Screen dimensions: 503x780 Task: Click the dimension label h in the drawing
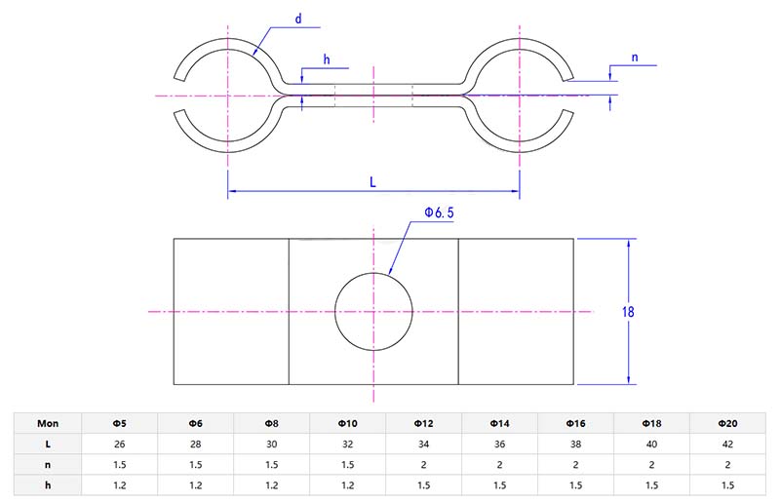click(327, 59)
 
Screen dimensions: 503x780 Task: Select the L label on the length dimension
click(373, 181)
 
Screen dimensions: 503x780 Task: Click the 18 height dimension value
click(629, 312)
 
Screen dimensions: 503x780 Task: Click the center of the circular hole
click(373, 312)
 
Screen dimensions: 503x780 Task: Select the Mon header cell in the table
click(48, 424)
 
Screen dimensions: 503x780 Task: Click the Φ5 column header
click(119, 424)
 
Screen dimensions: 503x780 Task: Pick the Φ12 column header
click(424, 424)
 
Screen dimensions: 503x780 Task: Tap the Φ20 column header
click(727, 424)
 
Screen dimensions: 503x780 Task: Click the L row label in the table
click(48, 444)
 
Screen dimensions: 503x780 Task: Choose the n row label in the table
click(48, 464)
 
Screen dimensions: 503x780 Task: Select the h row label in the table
click(48, 484)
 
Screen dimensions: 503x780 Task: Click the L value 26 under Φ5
click(119, 444)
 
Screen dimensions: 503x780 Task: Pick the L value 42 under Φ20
click(727, 444)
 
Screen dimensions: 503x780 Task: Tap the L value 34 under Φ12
click(424, 444)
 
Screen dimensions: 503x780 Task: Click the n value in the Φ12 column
click(424, 464)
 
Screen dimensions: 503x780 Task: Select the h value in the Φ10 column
click(348, 484)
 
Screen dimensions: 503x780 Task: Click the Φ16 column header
click(575, 424)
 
